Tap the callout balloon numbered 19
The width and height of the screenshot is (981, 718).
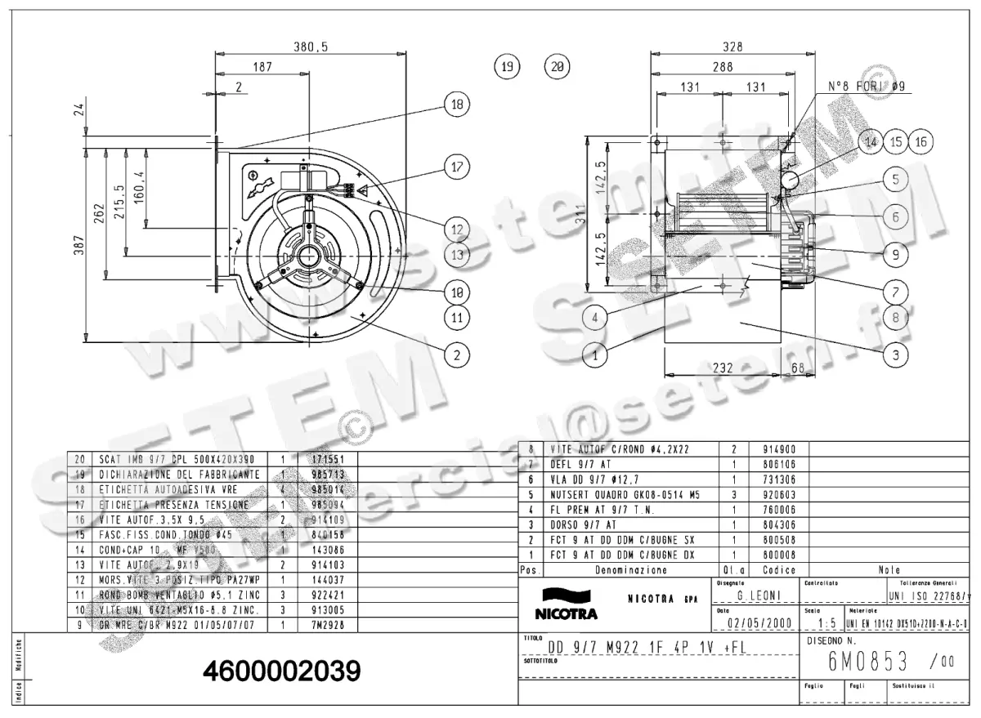(x=508, y=67)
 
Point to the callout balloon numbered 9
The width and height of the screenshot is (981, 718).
(x=895, y=254)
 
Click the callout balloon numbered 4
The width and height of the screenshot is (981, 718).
(x=596, y=316)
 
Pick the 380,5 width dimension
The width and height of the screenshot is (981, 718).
(x=311, y=47)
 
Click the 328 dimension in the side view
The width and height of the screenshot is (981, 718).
(x=732, y=47)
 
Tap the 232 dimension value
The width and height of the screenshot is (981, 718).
(x=723, y=368)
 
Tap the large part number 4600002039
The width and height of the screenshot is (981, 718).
(x=281, y=672)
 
